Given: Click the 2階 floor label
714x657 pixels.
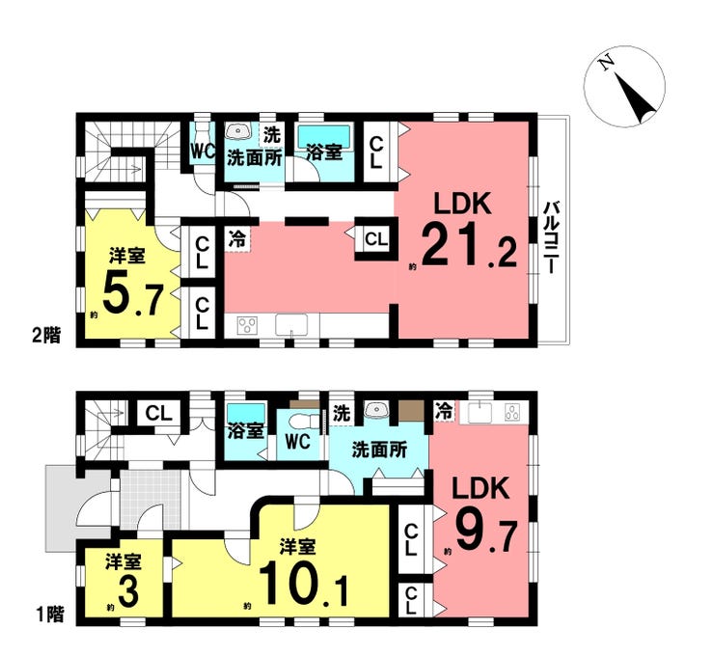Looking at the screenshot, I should point(43,336).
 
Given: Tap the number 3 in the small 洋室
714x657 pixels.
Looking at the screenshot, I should point(125,591).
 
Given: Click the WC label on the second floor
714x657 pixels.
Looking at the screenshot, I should point(202,151).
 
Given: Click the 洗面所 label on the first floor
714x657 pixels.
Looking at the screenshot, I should point(377,449).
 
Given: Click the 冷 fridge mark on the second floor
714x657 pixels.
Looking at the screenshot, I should point(236,234).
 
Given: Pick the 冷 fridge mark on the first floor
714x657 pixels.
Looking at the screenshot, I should point(443,411).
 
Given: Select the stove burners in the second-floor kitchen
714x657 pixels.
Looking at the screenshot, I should point(246,325).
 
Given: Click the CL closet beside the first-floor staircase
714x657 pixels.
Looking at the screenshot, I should point(158,413).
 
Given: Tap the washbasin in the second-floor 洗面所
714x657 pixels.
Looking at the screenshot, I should point(237,131).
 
